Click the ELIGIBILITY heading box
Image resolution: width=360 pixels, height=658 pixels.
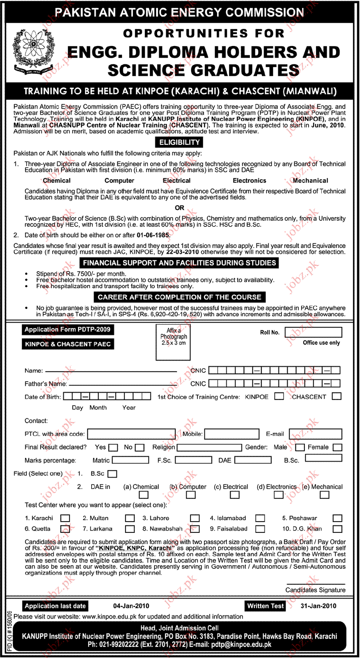click(x=179, y=142)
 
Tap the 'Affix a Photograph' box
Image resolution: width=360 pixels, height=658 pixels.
click(x=173, y=342)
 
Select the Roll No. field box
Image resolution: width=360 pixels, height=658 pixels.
click(x=313, y=332)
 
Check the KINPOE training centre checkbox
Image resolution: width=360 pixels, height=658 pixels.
click(x=279, y=396)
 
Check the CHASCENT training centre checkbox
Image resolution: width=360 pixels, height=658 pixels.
click(x=337, y=396)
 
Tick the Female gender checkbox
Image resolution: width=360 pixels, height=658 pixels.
click(x=337, y=447)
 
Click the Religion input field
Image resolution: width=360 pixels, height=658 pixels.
click(x=209, y=447)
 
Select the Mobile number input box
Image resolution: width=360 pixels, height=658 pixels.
click(x=232, y=434)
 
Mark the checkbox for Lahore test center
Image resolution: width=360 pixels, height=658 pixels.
click(x=195, y=518)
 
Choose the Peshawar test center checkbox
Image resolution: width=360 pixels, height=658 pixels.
click(x=337, y=518)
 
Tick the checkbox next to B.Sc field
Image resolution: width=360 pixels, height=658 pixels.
click(x=112, y=474)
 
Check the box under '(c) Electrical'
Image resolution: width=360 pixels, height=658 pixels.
click(x=235, y=495)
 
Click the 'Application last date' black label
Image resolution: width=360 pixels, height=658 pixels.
click(x=55, y=606)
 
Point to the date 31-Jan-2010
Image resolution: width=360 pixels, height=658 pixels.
click(x=318, y=606)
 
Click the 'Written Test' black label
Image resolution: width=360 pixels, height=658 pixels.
click(x=265, y=606)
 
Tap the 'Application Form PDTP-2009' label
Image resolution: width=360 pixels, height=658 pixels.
click(x=67, y=330)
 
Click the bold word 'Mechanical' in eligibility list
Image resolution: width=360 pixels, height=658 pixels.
click(x=310, y=181)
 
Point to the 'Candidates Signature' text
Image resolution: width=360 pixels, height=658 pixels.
click(x=315, y=590)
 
